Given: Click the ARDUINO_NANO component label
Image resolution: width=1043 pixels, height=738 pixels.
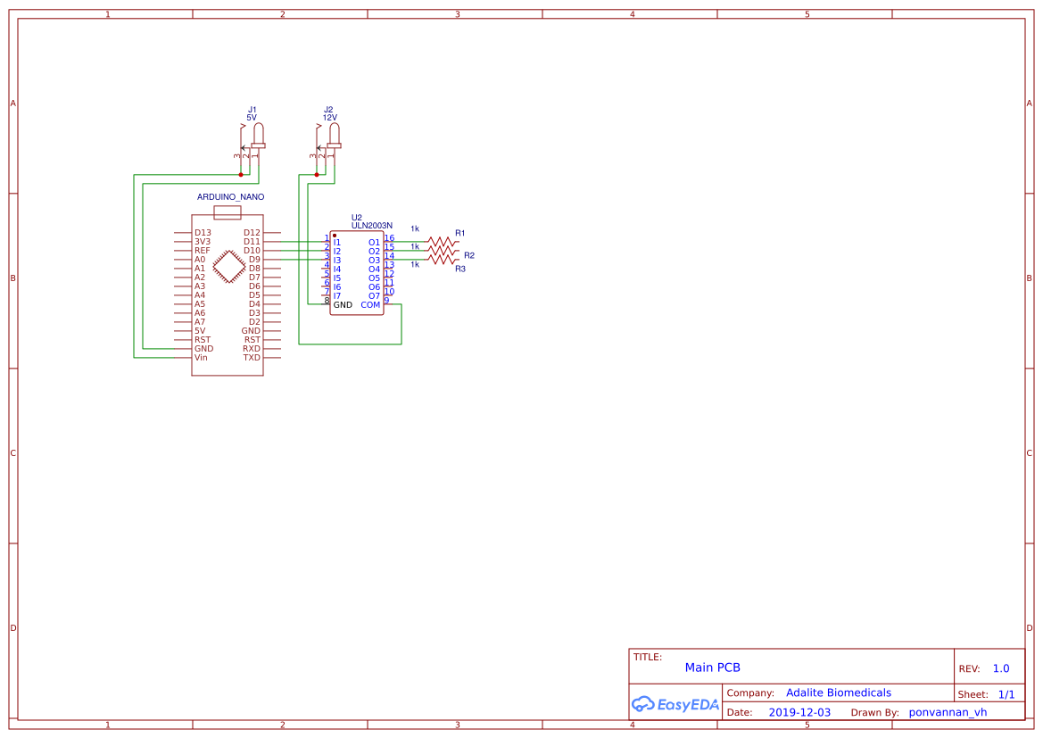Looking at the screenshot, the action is pos(230,197).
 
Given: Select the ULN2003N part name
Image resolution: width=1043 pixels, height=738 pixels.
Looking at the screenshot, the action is pos(372,226).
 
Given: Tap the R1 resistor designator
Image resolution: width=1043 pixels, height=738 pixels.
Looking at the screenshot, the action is pos(460,233).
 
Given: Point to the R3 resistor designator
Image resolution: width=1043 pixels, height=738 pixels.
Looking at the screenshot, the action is pos(460,269).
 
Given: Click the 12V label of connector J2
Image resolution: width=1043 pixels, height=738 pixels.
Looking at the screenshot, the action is pos(330,118).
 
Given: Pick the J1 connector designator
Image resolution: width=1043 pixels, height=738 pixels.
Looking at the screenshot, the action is pos(252,110).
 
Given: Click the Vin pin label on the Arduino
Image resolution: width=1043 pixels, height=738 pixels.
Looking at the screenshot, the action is pos(201,357).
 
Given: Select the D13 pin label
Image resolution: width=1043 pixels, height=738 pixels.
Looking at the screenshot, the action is pos(203,233).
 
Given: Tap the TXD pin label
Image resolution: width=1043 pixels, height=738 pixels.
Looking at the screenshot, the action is pos(252,357).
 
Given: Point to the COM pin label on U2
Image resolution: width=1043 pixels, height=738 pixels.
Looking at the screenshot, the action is pos(370,305).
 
